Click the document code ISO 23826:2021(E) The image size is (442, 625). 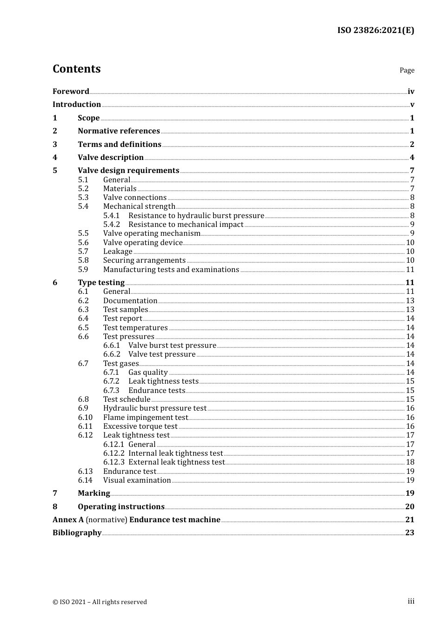point(375,30)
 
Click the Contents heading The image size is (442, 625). point(76,69)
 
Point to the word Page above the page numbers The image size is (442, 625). point(407,70)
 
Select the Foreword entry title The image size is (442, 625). point(71,92)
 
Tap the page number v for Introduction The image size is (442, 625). point(412,105)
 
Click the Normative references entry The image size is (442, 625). point(119,131)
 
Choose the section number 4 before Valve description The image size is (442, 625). point(55,158)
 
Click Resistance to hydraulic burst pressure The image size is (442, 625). point(196,216)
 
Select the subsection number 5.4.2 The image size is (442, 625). point(112,225)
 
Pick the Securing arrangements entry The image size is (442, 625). point(144,260)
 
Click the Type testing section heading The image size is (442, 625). point(101,283)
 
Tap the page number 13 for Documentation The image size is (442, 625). point(410,301)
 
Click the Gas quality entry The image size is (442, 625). point(148,372)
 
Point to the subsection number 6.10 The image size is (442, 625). point(85,418)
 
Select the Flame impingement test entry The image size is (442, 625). point(146,418)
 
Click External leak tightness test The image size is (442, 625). point(176,462)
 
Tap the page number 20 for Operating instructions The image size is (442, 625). point(409,507)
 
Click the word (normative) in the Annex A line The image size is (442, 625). point(107,520)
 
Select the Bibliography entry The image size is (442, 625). point(77,533)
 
